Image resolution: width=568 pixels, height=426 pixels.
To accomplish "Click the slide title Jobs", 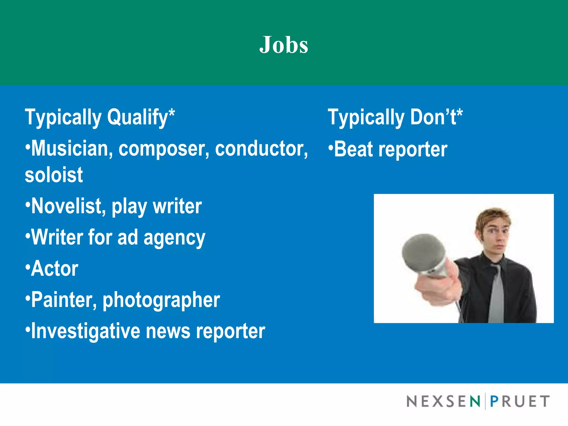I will click(284, 45).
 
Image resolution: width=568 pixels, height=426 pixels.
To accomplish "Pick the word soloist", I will click(54, 175).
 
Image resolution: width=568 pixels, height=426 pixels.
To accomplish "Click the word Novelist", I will click(68, 206).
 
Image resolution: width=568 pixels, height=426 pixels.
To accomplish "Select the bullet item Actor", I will click(54, 269).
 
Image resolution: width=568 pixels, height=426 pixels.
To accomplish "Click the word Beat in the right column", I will click(353, 149).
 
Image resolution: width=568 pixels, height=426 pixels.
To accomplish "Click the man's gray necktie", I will click(497, 294).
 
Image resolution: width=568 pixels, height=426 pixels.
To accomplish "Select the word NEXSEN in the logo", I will click(443, 402).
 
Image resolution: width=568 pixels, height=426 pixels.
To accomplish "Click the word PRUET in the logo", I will click(520, 402).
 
